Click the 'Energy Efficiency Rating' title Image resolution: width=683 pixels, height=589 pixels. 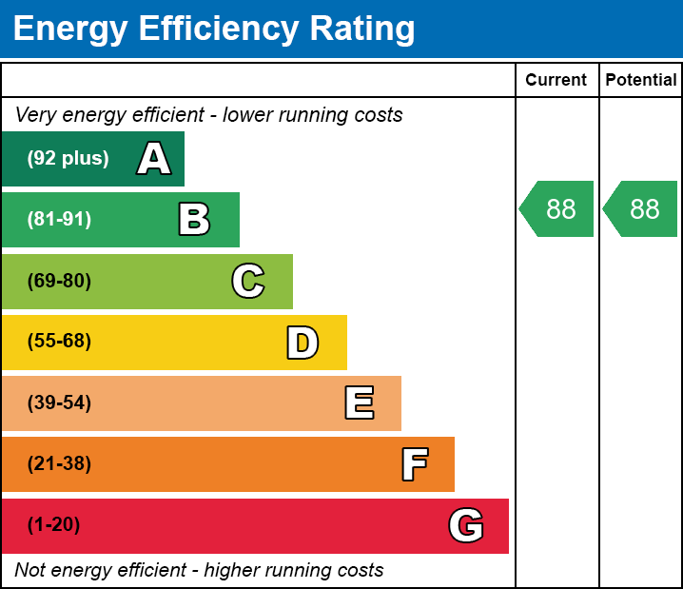point(214,29)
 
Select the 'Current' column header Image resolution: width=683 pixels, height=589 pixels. point(556,80)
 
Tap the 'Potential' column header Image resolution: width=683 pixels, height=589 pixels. point(641,80)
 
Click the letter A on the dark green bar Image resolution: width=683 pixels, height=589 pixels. point(154,159)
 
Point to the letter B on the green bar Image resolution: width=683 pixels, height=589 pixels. point(194,220)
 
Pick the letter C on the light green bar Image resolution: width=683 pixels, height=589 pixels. point(247,281)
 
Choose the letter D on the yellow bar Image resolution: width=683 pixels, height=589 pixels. point(302,343)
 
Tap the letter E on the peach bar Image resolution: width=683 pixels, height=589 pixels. point(359,403)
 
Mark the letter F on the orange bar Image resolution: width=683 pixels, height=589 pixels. point(414,464)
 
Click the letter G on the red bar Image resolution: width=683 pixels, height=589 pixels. point(466,525)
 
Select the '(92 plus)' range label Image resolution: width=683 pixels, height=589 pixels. point(68,159)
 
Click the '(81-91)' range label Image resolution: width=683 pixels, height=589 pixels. point(59,220)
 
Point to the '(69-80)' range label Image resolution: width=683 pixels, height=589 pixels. point(59,281)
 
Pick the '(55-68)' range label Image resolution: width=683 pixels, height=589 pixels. point(59,342)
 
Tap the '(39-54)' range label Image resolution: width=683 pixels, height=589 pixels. point(59,403)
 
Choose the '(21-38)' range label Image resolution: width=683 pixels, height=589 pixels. point(59,464)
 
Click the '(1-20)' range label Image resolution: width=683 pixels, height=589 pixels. point(53,525)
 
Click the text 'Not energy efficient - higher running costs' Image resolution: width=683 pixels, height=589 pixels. point(199,571)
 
